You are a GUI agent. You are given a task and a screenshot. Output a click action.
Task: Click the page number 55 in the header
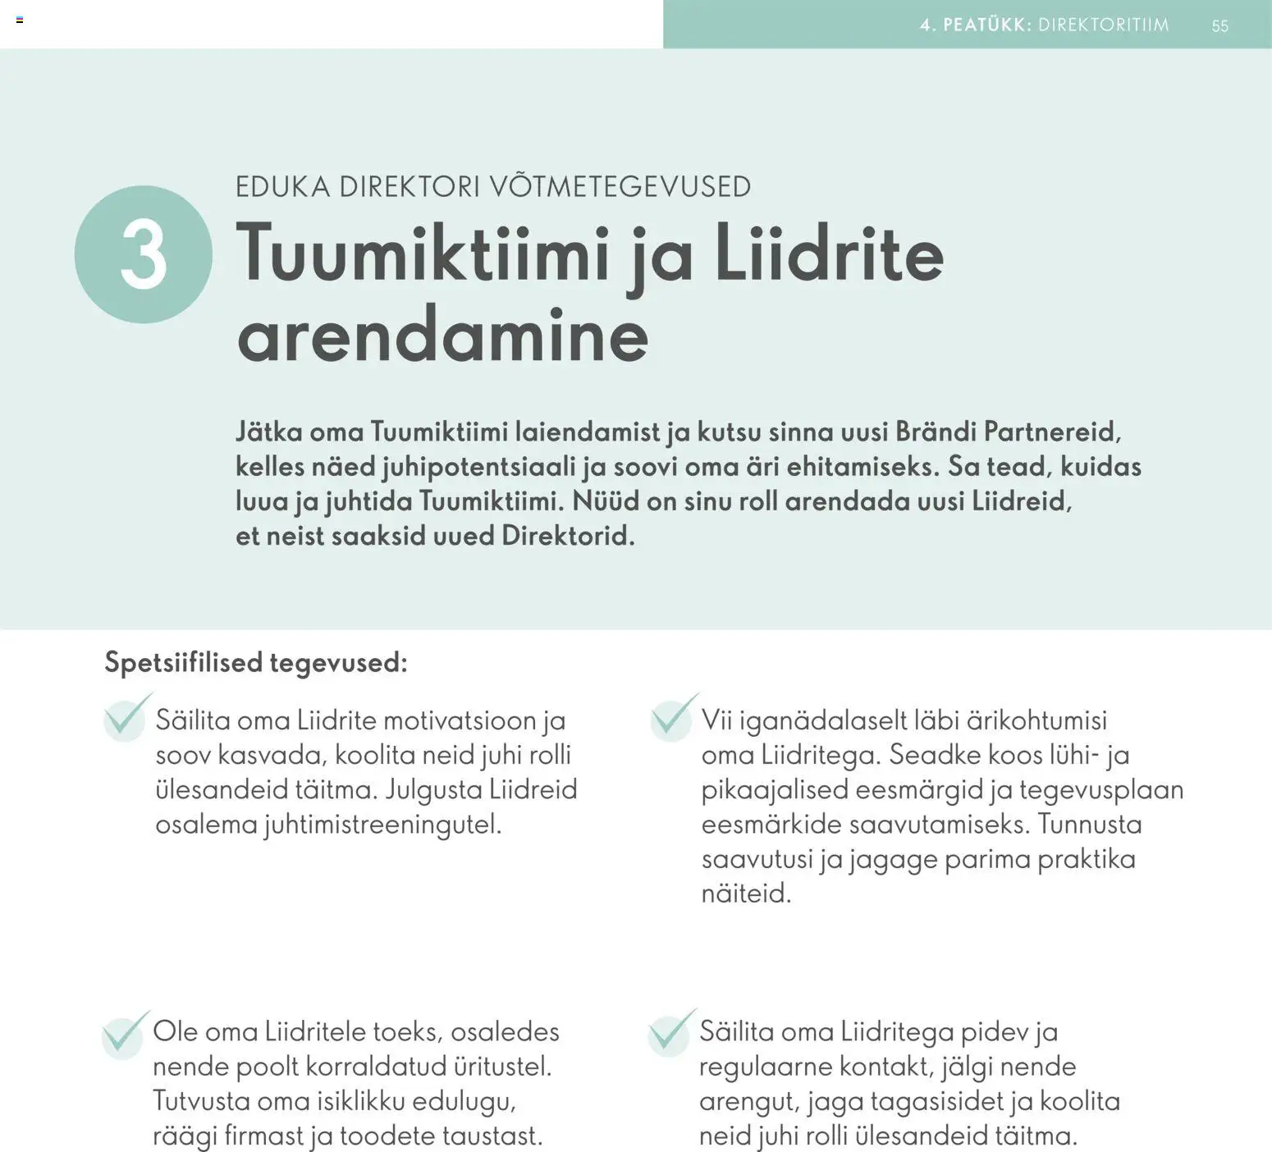pos(1219,25)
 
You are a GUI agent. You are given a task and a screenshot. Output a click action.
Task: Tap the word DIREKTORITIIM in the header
pos(1104,25)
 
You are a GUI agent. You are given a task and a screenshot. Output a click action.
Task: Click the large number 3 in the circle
pos(144,254)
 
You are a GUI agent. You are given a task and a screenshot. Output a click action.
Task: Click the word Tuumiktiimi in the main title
pos(423,254)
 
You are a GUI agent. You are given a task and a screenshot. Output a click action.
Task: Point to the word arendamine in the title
pos(442,336)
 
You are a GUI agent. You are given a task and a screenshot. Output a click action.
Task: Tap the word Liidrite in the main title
pos(829,254)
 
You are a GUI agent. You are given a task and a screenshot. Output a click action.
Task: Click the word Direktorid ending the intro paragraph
pos(567,537)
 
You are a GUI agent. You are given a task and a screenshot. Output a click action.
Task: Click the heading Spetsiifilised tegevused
pos(255,662)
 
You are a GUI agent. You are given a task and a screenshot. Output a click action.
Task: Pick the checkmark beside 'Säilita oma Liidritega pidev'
pos(670,1033)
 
